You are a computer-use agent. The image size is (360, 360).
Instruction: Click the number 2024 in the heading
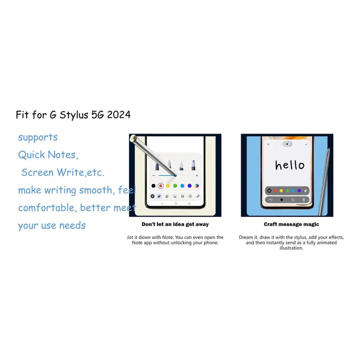[x=119, y=114]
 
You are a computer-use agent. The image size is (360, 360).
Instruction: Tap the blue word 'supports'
[x=38, y=137]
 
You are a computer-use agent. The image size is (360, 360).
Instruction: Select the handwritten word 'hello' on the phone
[x=290, y=164]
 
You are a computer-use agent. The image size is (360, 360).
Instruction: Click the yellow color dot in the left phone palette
[x=168, y=185]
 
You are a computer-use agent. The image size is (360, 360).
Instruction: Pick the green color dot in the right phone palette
[x=287, y=190]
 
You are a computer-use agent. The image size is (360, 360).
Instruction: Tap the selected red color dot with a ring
[x=160, y=185]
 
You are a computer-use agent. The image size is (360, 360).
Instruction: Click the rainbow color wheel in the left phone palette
[x=197, y=185]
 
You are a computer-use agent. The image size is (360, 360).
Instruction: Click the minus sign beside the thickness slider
[x=153, y=175]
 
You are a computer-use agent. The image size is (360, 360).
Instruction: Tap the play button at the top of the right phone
[x=287, y=144]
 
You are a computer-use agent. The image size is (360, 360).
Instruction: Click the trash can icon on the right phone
[x=303, y=199]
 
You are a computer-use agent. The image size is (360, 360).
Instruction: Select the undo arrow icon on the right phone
[x=292, y=199]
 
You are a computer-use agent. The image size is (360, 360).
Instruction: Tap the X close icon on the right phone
[x=268, y=144]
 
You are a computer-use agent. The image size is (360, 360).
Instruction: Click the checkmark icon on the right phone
[x=306, y=144]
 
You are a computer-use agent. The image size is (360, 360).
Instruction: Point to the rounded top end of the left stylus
[x=133, y=138]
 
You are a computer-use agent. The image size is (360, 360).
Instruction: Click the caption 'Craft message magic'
[x=291, y=224]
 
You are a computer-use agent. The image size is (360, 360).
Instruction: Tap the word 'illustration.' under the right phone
[x=291, y=248]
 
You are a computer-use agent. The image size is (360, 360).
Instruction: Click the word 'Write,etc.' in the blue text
[x=80, y=172]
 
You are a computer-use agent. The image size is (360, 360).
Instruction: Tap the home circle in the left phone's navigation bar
[x=176, y=203]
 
